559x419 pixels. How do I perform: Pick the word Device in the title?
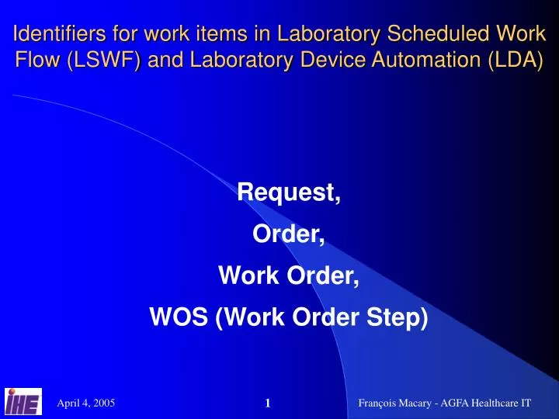click(306, 60)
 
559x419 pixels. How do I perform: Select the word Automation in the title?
click(408, 60)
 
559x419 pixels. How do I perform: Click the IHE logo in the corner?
click(23, 401)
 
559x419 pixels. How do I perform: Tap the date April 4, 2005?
click(86, 403)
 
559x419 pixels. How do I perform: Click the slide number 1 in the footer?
click(267, 403)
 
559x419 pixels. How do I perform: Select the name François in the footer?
click(382, 403)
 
